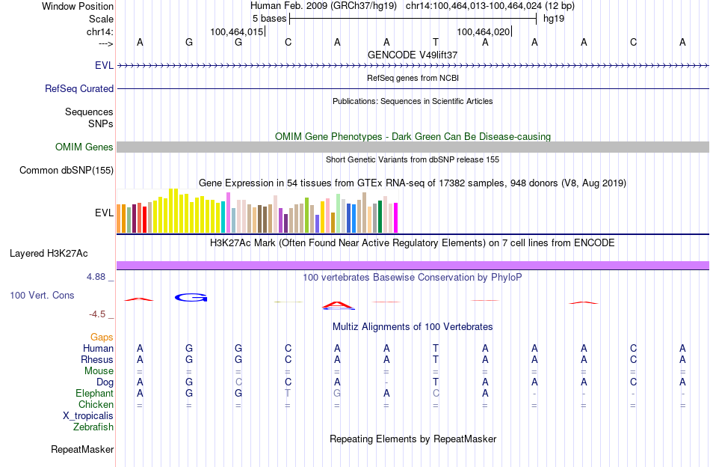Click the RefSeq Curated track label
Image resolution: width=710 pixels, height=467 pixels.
(x=79, y=88)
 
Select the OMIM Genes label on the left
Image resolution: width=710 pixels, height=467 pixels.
(x=84, y=147)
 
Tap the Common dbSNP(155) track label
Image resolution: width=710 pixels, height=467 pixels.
(x=67, y=171)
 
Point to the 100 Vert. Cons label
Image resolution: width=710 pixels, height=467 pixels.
(x=42, y=296)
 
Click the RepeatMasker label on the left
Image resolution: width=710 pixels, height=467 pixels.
(x=82, y=450)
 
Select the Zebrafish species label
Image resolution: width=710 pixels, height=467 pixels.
(x=93, y=427)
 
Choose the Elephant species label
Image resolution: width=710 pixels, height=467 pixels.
(x=94, y=394)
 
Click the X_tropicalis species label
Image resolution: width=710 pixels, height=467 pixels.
(x=88, y=416)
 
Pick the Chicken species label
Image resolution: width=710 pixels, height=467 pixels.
(x=96, y=405)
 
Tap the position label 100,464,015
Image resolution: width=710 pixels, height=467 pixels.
(x=237, y=32)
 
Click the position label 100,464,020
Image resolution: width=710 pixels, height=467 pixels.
(x=484, y=32)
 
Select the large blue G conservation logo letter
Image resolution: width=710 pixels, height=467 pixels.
(x=191, y=297)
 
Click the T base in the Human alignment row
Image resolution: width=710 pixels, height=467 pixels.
(x=436, y=349)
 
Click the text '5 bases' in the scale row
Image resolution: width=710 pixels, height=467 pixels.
(x=269, y=18)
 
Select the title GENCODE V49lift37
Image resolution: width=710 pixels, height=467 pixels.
(x=413, y=55)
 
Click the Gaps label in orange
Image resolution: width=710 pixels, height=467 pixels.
(x=102, y=338)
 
